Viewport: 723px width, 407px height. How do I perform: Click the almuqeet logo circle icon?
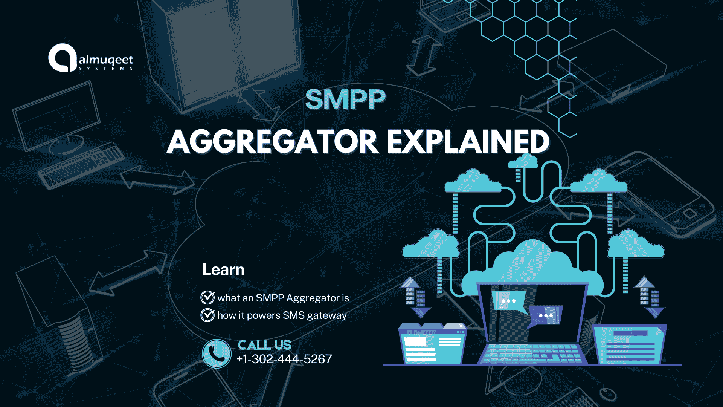[x=62, y=58]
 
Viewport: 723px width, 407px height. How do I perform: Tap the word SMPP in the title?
[x=345, y=100]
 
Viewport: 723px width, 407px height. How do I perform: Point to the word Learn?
[x=223, y=270]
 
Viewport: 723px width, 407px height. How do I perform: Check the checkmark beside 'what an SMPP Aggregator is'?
[x=207, y=297]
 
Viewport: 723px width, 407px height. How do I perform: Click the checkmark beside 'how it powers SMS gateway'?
[x=207, y=315]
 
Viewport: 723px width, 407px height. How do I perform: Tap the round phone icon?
[x=217, y=353]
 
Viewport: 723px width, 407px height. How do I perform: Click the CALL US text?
[x=264, y=345]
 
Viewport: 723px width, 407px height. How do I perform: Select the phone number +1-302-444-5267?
[x=284, y=359]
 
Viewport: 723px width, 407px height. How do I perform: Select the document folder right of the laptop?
[x=629, y=345]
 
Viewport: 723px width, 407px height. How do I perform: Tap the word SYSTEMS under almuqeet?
[x=106, y=69]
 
